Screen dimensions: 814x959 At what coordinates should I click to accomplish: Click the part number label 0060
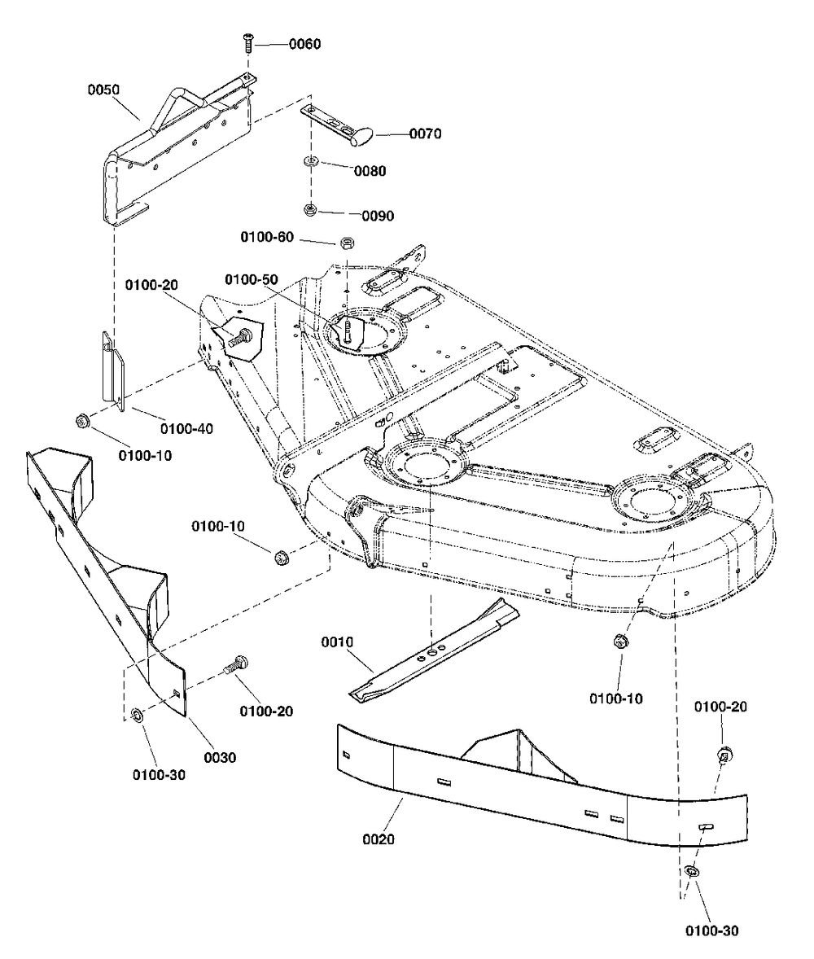tap(304, 44)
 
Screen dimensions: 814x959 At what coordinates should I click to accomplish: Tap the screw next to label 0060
tap(247, 43)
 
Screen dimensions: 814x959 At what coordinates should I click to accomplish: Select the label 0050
tap(103, 90)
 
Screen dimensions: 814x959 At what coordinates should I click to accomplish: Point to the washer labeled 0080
tap(311, 162)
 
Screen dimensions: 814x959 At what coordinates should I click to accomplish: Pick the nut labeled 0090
tap(310, 210)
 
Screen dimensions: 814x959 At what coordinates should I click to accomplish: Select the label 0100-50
tap(252, 279)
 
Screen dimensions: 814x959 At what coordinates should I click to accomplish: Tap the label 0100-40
tap(186, 429)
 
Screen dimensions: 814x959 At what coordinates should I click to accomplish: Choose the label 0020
tap(379, 839)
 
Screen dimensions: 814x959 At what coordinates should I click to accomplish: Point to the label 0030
tap(220, 758)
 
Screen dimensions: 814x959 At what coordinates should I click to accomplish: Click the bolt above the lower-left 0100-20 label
tap(235, 664)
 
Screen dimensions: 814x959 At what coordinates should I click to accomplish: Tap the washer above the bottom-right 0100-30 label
tap(692, 871)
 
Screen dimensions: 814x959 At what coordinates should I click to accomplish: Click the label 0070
tap(425, 134)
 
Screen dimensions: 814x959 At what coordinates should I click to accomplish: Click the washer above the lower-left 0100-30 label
tap(137, 715)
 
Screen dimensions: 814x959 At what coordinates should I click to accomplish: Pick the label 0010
tap(337, 642)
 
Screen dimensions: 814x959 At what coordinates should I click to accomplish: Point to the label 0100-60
tap(267, 237)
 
